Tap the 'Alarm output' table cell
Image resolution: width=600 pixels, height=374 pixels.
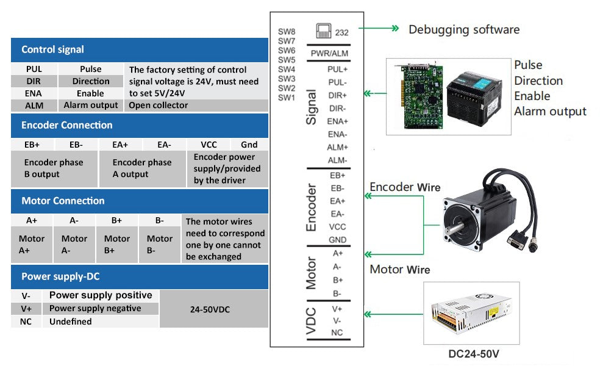(91, 105)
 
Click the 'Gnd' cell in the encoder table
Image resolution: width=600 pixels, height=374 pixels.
(249, 145)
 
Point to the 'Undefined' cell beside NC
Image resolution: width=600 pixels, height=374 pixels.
(71, 322)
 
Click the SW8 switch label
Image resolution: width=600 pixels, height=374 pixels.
(287, 32)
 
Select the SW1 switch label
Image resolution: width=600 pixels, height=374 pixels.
(287, 97)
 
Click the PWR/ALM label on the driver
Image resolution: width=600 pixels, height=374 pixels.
(329, 54)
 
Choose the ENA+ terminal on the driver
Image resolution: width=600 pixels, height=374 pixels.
(337, 121)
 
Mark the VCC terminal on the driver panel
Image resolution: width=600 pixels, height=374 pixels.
(337, 227)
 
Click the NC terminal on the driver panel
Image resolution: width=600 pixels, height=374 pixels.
(337, 333)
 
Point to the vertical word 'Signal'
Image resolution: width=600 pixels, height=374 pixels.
(312, 108)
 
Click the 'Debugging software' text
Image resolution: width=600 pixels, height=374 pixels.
(464, 29)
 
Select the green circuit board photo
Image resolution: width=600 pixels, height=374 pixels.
(417, 96)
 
